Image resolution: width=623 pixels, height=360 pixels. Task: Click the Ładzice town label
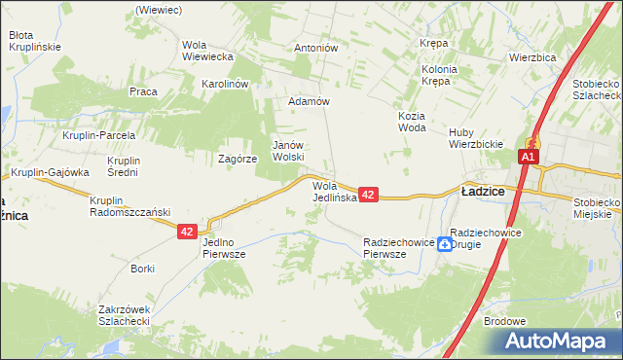pyautogui.click(x=482, y=192)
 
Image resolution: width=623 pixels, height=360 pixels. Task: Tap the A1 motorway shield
pyautogui.click(x=529, y=157)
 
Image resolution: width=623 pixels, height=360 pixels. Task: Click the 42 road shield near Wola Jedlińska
pyautogui.click(x=368, y=196)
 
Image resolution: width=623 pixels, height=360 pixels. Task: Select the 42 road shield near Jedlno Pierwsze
pyautogui.click(x=188, y=232)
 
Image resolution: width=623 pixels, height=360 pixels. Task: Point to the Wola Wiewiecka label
pyautogui.click(x=207, y=51)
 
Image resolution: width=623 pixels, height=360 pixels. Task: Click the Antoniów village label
pyautogui.click(x=315, y=48)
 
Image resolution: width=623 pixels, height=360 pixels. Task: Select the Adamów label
pyautogui.click(x=310, y=101)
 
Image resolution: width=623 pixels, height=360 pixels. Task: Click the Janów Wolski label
pyautogui.click(x=288, y=150)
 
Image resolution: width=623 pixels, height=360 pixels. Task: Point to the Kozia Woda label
pyautogui.click(x=413, y=122)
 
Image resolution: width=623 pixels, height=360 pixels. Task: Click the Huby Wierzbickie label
pyautogui.click(x=475, y=139)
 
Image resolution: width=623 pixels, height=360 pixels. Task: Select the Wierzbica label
pyautogui.click(x=531, y=57)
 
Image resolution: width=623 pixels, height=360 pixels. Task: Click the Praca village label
pyautogui.click(x=143, y=91)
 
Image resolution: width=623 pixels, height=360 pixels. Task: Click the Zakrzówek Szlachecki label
pyautogui.click(x=123, y=315)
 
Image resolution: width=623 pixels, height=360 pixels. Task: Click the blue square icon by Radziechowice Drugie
pyautogui.click(x=444, y=244)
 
